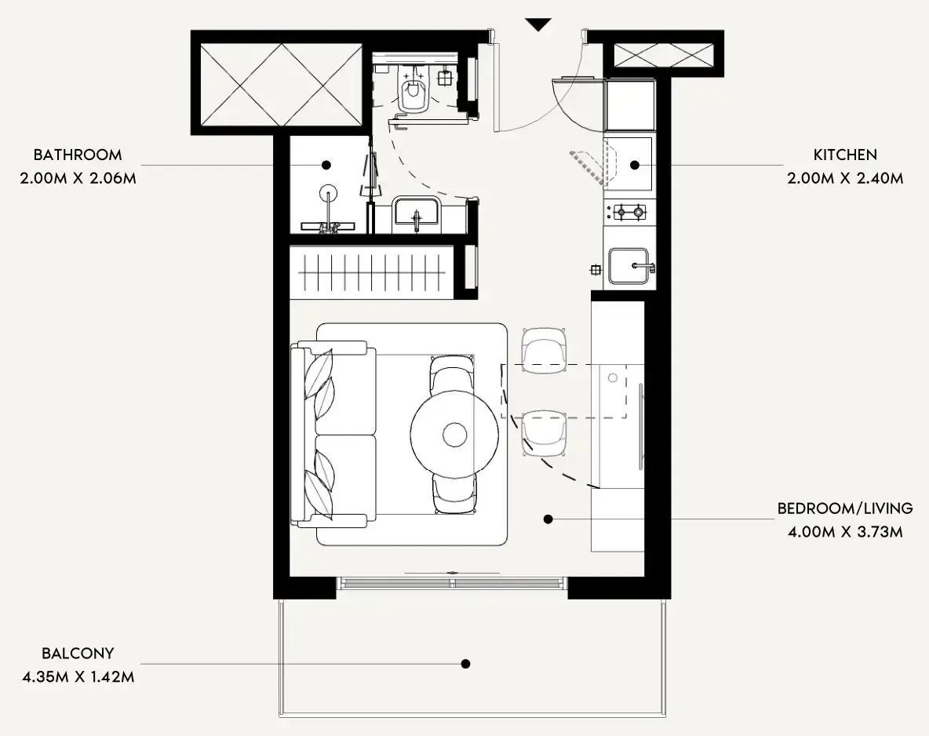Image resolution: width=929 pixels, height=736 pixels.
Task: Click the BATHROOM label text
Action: click(78, 155)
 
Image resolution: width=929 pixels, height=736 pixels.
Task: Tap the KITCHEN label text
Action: click(845, 155)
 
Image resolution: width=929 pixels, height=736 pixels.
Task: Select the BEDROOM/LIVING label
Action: click(845, 508)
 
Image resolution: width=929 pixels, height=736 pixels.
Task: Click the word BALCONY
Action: click(78, 654)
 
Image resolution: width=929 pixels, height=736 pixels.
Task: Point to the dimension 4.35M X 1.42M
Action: click(78, 676)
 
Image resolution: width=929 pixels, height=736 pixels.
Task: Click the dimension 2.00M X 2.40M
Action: click(845, 178)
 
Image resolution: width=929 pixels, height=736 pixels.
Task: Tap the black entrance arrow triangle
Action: click(538, 25)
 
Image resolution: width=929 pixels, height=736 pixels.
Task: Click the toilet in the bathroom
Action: click(413, 89)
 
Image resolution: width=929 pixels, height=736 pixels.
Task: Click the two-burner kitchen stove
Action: click(629, 211)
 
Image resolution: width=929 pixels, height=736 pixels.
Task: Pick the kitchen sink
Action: click(629, 266)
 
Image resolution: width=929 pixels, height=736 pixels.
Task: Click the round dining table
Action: click(454, 434)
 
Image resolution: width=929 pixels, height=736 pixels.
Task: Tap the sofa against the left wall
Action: click(333, 435)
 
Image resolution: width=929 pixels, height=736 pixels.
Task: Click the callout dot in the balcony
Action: click(466, 664)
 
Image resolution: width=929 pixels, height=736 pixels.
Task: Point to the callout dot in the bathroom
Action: click(326, 166)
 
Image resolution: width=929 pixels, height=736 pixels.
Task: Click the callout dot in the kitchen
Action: click(635, 166)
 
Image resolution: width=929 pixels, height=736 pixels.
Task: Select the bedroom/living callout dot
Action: click(548, 519)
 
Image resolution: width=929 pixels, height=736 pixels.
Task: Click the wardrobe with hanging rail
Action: click(371, 272)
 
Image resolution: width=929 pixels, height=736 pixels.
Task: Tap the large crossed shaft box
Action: click(281, 85)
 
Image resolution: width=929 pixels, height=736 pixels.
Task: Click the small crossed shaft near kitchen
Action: click(663, 56)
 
